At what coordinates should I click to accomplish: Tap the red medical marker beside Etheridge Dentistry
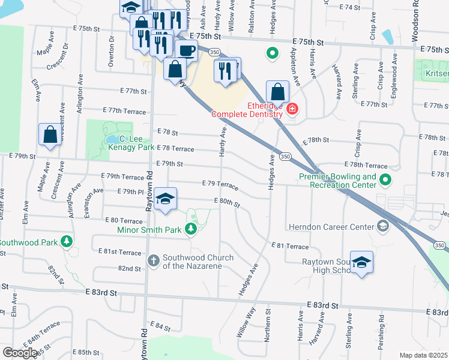tap(292, 109)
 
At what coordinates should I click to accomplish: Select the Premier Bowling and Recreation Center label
tap(343, 181)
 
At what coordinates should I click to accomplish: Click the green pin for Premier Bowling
tap(385, 179)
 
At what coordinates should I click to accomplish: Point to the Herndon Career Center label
tap(331, 227)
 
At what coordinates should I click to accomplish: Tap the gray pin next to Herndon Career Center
tap(382, 226)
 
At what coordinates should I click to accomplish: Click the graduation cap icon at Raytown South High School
tap(362, 263)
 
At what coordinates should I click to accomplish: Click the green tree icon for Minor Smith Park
tap(190, 229)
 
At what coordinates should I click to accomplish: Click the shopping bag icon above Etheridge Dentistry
tap(277, 92)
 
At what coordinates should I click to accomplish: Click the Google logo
tap(20, 353)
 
